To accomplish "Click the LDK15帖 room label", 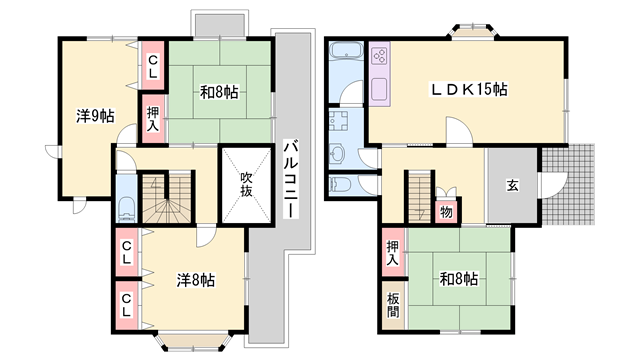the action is [469, 89].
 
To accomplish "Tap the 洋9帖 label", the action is [95, 116].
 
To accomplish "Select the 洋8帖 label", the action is [196, 280].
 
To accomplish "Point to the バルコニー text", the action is [291, 179].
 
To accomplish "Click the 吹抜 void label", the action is [246, 184].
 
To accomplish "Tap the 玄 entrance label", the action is [513, 186].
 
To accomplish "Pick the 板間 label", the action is [393, 305].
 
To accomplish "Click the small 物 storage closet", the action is [447, 212].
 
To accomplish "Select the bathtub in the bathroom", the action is [346, 52].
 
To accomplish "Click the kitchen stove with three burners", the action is [380, 55].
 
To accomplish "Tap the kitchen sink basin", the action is [380, 87].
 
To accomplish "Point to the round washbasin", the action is [337, 154].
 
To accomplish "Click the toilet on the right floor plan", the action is [340, 185].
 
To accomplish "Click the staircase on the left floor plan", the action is [167, 198].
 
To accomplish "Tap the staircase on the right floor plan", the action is [420, 198].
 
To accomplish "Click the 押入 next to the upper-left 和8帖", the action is [153, 119].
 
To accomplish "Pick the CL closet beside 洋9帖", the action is [153, 65].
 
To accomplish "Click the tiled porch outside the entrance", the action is [568, 184].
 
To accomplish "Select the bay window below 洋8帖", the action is [193, 342].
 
